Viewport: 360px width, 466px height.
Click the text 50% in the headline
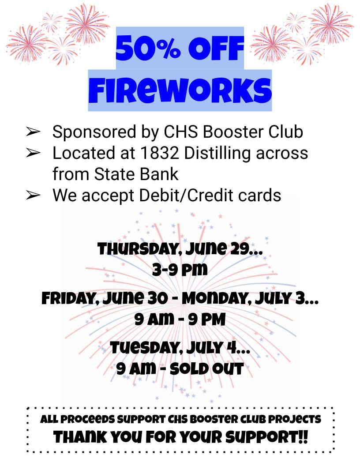point(148,48)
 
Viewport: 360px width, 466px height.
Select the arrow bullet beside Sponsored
point(33,132)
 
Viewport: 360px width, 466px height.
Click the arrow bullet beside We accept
point(33,195)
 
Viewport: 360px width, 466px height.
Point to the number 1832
point(159,153)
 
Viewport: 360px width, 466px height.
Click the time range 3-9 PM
point(180,270)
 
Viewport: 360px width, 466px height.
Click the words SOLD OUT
point(206,369)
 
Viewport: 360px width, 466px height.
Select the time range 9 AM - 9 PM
point(180,319)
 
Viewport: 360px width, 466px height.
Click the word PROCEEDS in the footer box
point(88,419)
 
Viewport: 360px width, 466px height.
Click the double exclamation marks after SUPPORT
point(303,437)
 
